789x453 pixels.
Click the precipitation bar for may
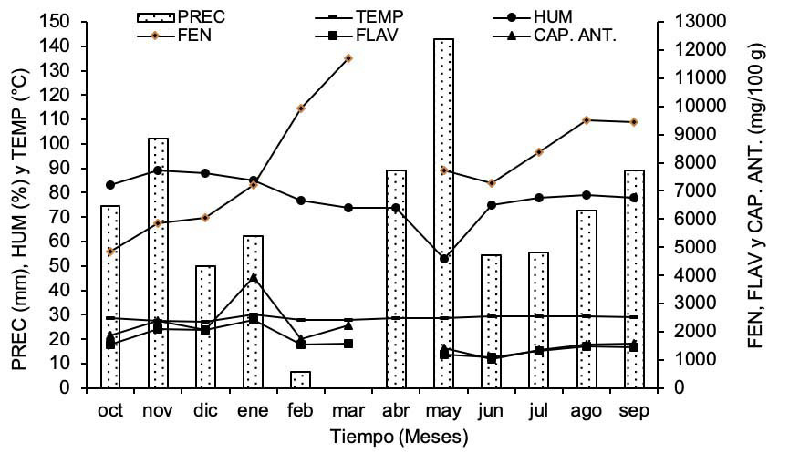coord(443,213)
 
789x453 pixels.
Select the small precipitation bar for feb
coord(300,379)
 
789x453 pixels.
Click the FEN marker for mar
coord(348,58)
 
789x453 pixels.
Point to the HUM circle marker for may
coord(444,259)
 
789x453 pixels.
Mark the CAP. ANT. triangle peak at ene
coord(254,278)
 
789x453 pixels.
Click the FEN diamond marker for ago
coord(587,120)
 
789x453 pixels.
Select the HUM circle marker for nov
coord(158,170)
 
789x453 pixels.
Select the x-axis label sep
coord(634,411)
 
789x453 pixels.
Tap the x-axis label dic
coord(205,411)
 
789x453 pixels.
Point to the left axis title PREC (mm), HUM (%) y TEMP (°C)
coord(20,205)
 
